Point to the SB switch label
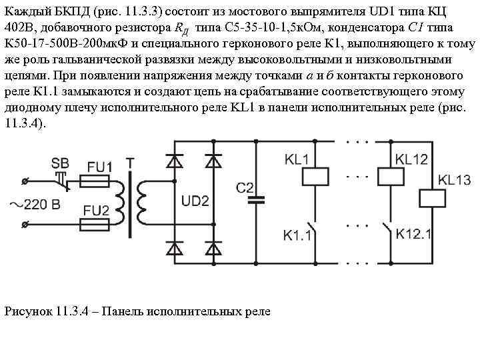(x=60, y=163)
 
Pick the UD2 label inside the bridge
(x=195, y=201)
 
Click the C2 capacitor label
(x=246, y=187)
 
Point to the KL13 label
(x=454, y=180)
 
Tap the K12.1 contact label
(x=414, y=233)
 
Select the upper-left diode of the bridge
(x=175, y=161)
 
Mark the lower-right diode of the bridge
(x=214, y=248)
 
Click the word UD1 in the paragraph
(x=382, y=12)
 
